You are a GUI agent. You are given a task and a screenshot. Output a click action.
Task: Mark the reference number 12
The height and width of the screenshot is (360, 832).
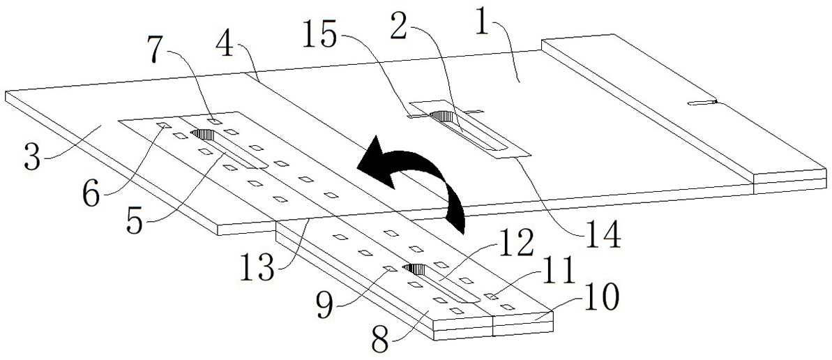(x=517, y=246)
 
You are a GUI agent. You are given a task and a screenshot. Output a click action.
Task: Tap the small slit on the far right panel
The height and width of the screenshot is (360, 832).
(x=702, y=103)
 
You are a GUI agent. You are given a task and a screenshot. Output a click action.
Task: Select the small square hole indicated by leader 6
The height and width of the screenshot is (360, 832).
(x=161, y=126)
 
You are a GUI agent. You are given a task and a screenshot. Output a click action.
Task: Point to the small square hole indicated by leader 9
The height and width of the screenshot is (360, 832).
(x=391, y=268)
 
